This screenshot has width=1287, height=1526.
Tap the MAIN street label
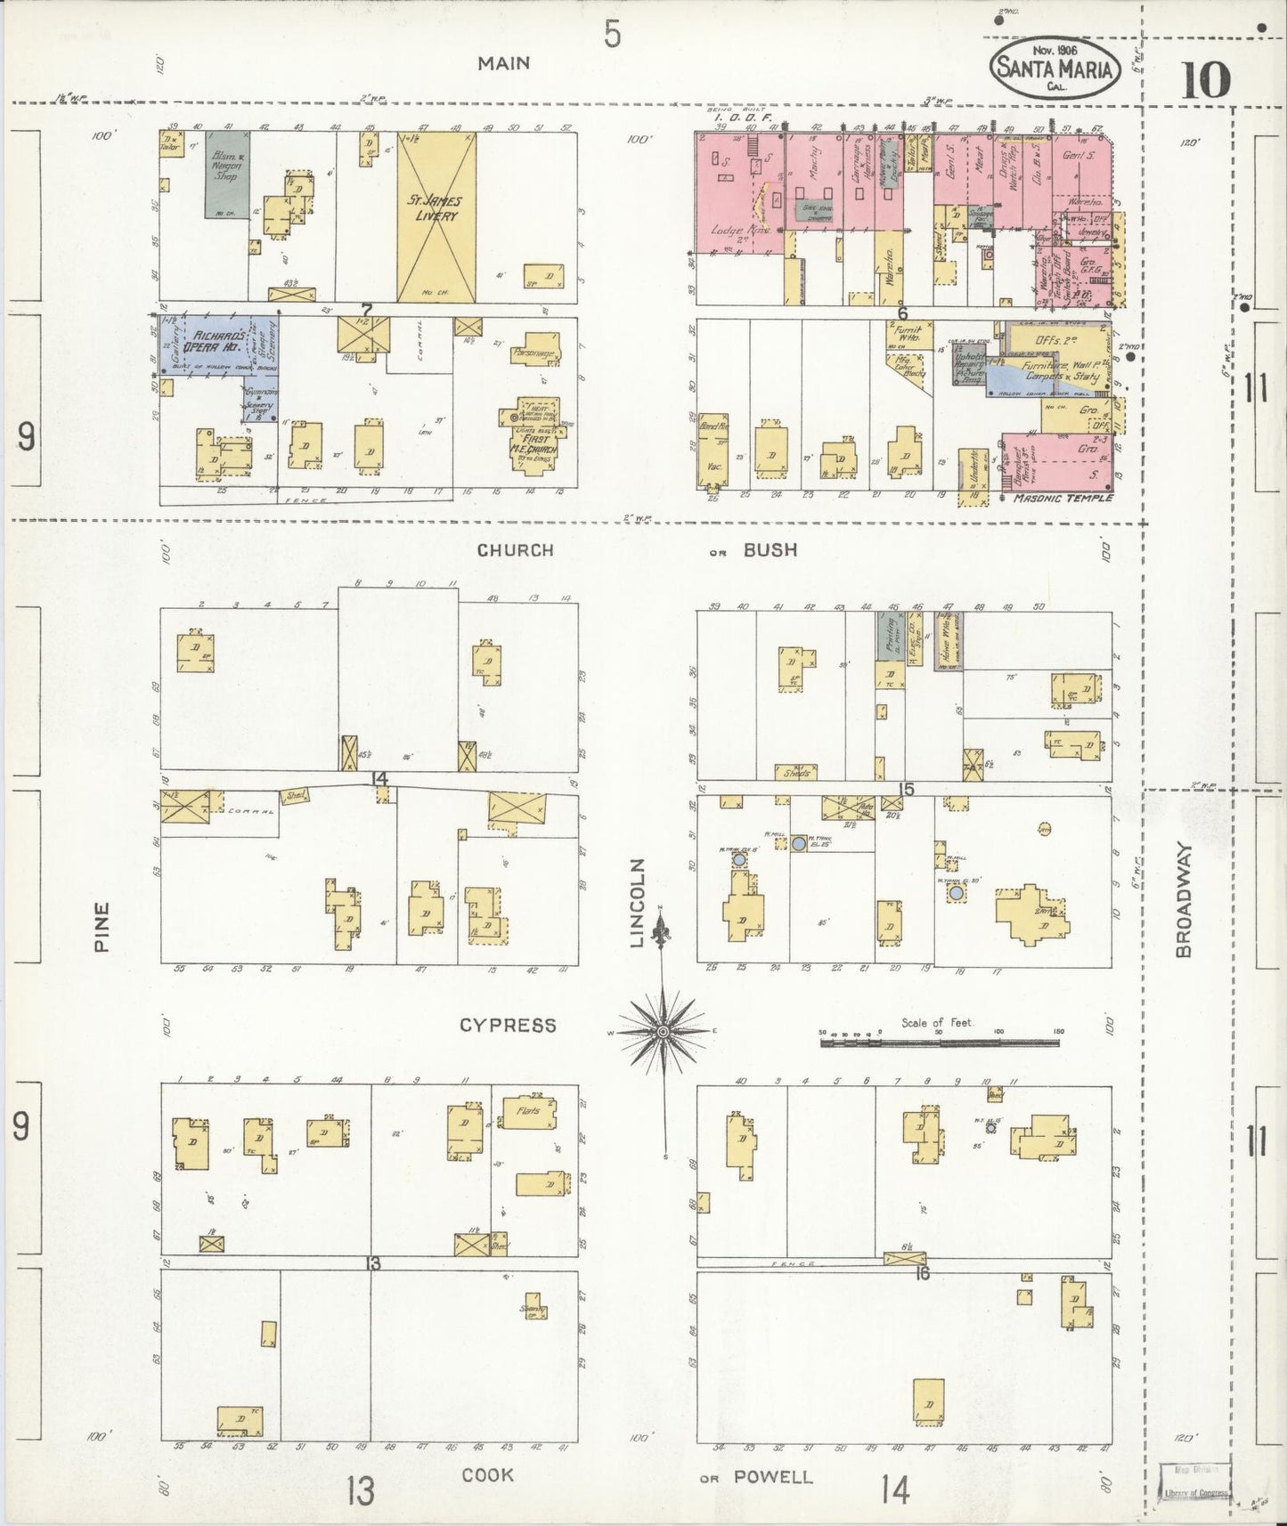503,62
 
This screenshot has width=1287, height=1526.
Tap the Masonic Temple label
1063,498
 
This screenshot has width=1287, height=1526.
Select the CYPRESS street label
508,1026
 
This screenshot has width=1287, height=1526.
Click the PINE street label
100,928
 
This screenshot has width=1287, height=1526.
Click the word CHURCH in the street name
515,550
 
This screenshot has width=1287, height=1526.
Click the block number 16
921,1274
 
